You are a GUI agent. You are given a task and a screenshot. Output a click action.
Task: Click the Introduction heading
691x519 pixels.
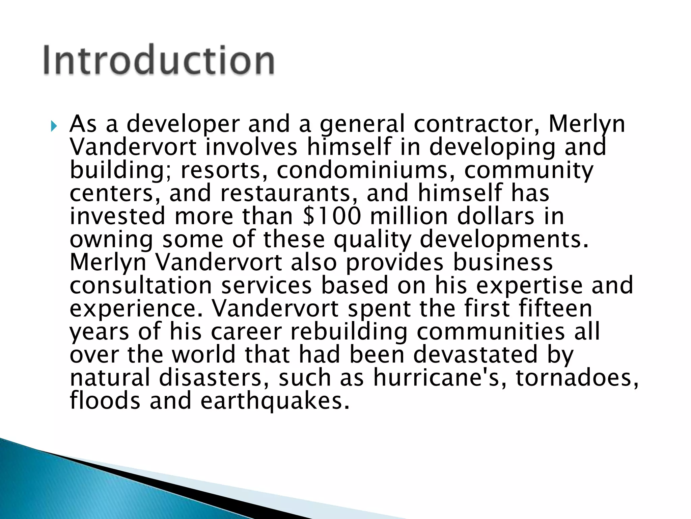coord(159,60)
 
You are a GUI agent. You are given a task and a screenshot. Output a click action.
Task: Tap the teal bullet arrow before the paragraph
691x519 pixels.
coord(54,126)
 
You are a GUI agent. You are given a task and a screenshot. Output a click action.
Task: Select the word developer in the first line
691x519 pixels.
coord(183,124)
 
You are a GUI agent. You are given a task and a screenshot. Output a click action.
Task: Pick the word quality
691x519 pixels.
coord(372,240)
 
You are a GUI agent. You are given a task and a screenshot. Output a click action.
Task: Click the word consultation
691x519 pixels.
coord(141,286)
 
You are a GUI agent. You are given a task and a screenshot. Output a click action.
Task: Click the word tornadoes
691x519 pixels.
coord(577,377)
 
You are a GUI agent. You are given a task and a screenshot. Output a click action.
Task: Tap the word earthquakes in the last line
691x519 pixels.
coord(275,401)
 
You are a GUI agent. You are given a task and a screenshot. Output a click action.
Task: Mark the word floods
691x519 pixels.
coord(105,401)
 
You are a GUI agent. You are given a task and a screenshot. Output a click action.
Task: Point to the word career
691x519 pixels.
coord(246,331)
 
